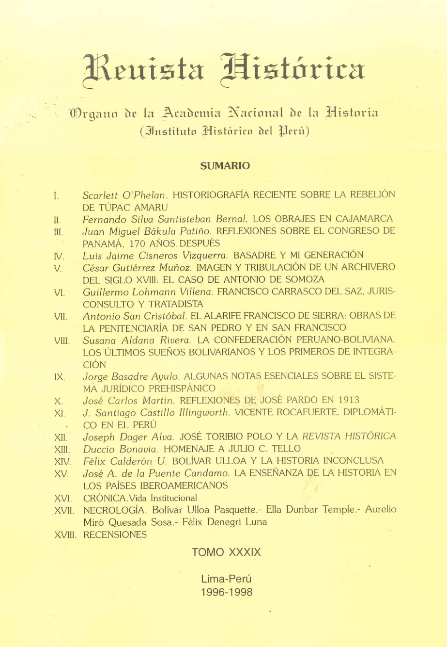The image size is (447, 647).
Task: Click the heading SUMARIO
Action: coord(225,166)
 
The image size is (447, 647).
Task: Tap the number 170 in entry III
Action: coord(140,243)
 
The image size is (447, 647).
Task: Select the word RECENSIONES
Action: coord(115,534)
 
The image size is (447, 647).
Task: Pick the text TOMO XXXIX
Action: coord(226,552)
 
